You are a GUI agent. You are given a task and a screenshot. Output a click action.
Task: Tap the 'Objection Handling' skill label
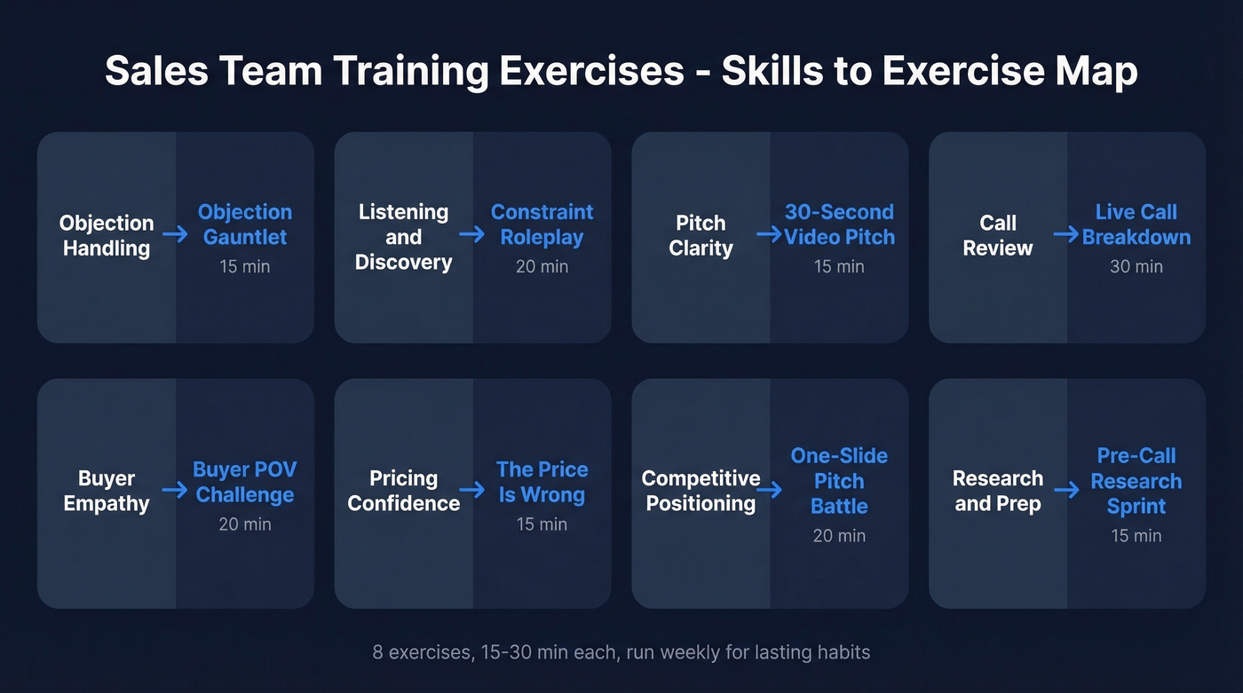coord(107,236)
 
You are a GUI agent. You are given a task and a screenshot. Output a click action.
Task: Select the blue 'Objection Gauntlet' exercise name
coord(245,224)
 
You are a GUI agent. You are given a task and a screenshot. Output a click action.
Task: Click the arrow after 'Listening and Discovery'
coord(471,234)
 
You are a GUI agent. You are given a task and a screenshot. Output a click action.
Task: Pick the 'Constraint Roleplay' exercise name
coord(542,224)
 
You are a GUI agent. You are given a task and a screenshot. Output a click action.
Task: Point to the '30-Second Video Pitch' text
coord(839,224)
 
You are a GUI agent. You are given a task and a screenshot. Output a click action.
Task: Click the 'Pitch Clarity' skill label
coord(701,236)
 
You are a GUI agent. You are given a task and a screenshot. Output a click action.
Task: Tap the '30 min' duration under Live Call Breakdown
coord(1136,266)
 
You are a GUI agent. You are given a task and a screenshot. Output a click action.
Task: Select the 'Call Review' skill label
coord(997,236)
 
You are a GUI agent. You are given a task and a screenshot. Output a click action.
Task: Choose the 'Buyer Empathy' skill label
coord(107,491)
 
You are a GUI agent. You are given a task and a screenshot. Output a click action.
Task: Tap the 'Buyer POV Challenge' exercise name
coord(245,482)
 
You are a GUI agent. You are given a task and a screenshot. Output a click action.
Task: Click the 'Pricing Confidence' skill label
coord(403,491)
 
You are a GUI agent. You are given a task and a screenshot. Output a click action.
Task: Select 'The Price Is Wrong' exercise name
coord(542,482)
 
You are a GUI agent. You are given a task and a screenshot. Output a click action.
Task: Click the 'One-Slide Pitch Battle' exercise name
coord(839,481)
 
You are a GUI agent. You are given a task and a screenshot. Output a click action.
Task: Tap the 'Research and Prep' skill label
coord(997,491)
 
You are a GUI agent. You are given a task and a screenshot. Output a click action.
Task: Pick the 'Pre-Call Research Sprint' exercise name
coord(1136,481)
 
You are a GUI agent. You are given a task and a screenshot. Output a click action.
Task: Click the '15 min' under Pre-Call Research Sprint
coord(1136,536)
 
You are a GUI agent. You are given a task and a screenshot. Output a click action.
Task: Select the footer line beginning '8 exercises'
coord(621,653)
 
